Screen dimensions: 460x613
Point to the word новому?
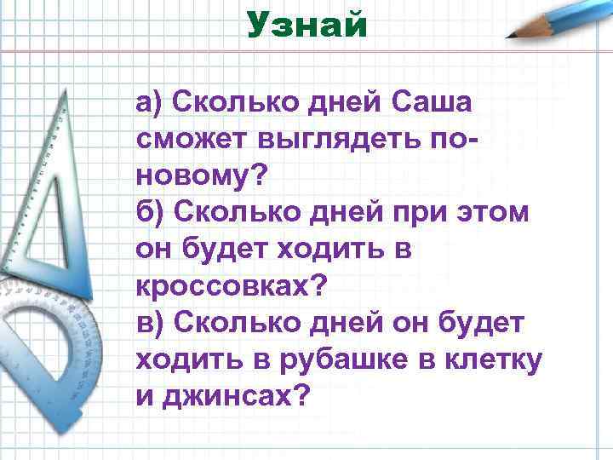coord(201,176)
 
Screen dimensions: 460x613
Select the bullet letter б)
coord(149,212)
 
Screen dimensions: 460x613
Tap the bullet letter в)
coord(149,324)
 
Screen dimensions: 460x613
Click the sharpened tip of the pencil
coord(509,37)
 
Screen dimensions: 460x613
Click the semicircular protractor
coord(51,341)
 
